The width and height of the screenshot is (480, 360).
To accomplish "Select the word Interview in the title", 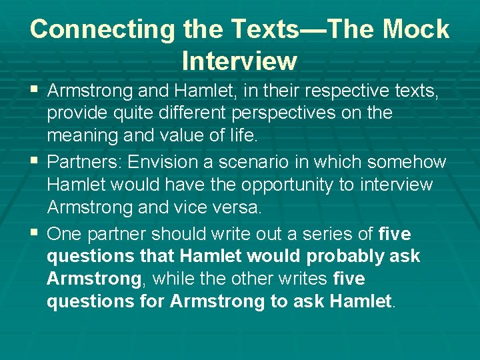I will pyautogui.click(x=239, y=61).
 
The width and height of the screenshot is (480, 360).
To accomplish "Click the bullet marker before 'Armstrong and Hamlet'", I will pyautogui.click(x=35, y=89).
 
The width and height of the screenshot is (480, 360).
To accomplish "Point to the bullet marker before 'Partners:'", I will pyautogui.click(x=35, y=161).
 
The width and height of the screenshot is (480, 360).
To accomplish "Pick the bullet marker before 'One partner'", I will pyautogui.click(x=35, y=233).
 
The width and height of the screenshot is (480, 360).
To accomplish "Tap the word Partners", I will pyautogui.click(x=84, y=162).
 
